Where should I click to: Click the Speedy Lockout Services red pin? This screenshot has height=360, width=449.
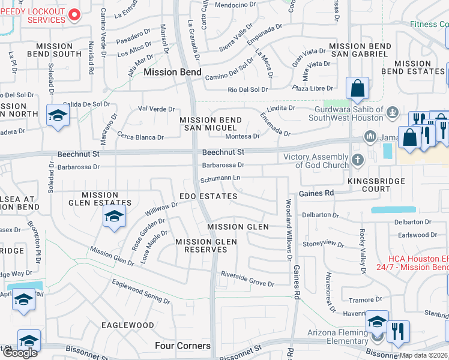pos(74,14)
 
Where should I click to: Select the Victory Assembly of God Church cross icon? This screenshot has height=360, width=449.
pos(358,160)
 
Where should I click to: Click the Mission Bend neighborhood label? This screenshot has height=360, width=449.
pos(168,72)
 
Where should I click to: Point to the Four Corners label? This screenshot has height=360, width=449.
pos(182,346)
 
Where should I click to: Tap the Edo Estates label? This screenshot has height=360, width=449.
pos(208,196)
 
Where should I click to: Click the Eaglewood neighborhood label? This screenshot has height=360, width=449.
pos(127,325)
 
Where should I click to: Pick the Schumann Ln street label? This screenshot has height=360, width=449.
pos(220,178)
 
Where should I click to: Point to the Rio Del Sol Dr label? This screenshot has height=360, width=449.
pos(247,89)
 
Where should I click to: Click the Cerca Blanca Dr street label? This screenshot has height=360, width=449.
pos(140,137)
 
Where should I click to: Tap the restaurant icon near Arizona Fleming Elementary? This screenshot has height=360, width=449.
pos(398,331)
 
